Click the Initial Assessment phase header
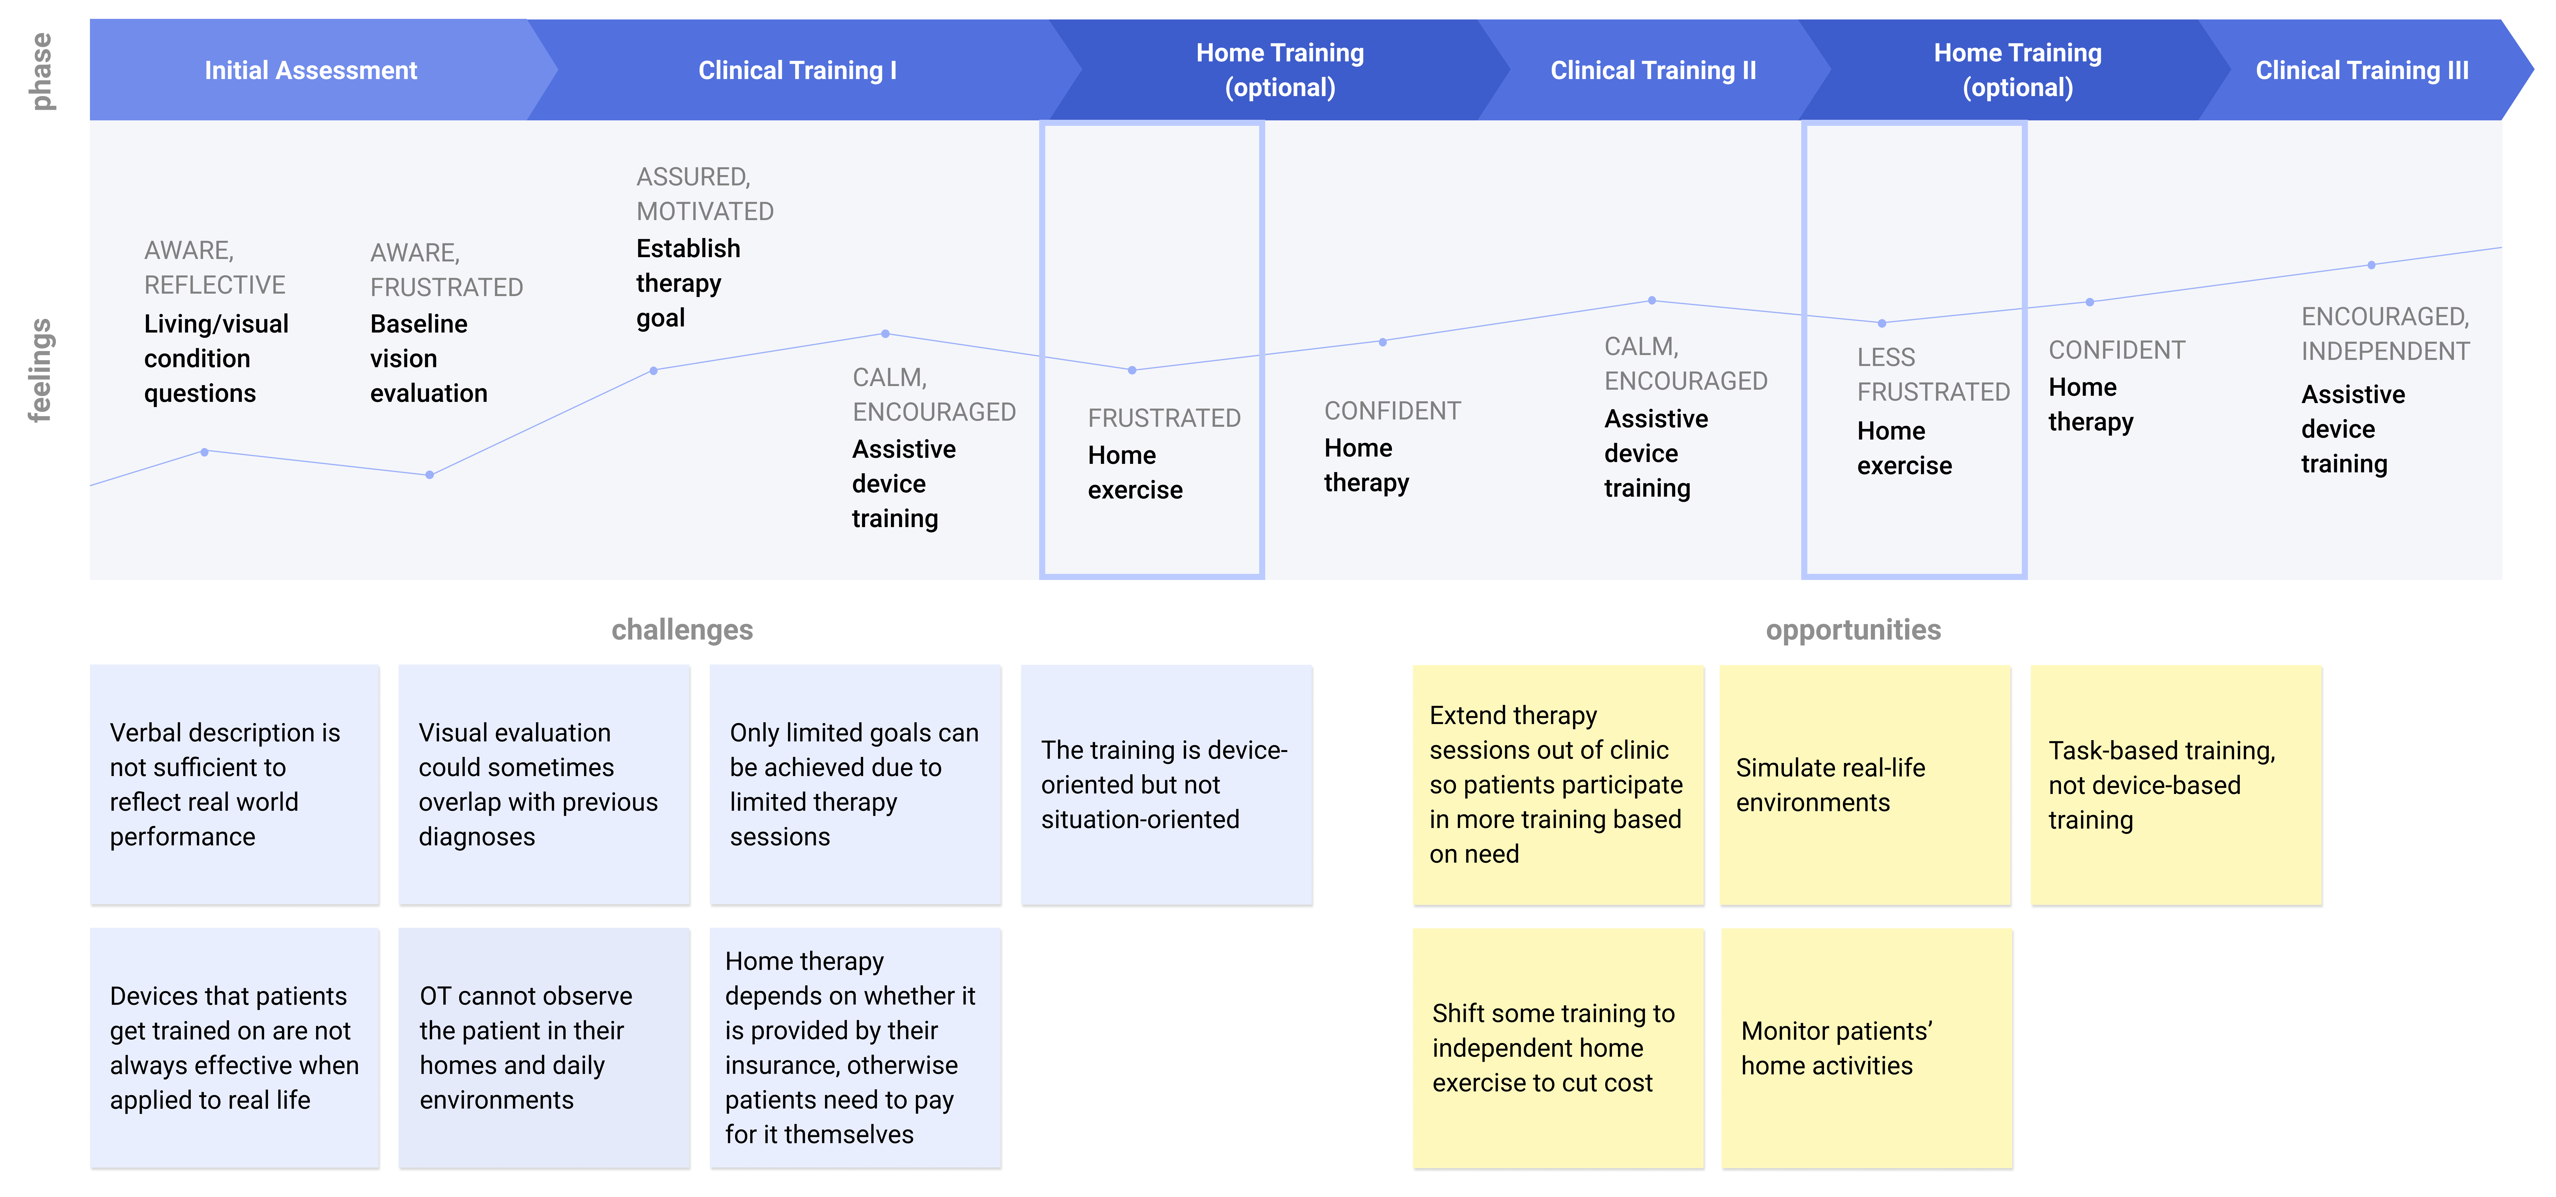point(311,71)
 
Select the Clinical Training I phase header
point(797,71)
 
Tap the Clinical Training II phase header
point(1653,71)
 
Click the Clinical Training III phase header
point(2362,71)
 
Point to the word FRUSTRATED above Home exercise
point(1164,418)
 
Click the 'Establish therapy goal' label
point(689,283)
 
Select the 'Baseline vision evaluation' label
point(429,358)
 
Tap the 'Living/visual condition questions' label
point(216,358)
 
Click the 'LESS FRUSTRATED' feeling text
point(1933,374)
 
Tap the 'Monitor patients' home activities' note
point(1866,1048)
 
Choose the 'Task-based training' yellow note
point(2176,785)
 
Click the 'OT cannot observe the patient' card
point(544,1048)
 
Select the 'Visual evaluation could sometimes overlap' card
point(544,785)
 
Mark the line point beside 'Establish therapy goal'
point(653,370)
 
